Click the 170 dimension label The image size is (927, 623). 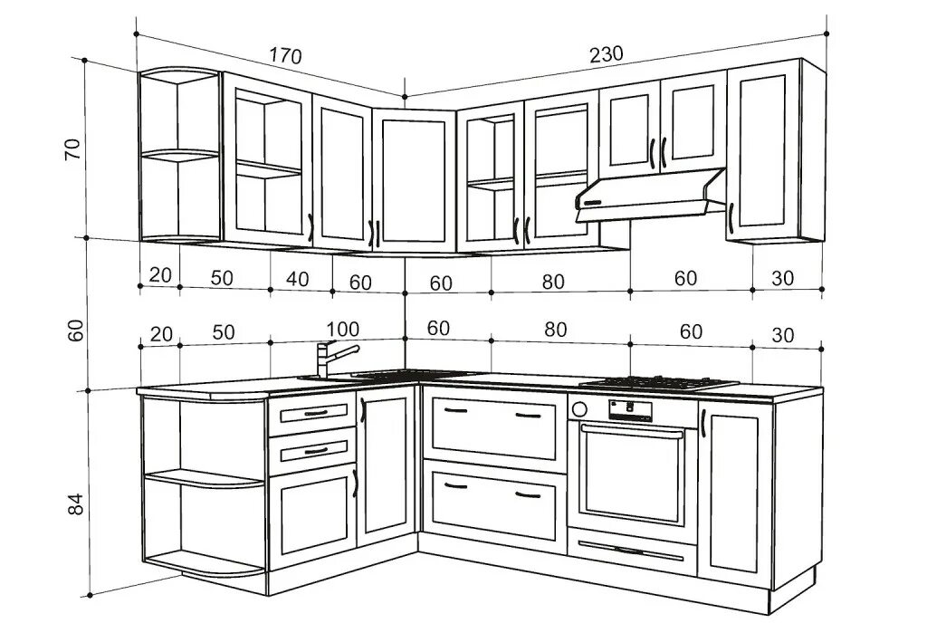285,56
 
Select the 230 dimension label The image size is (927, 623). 606,54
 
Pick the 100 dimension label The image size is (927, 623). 342,329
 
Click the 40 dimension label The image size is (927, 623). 297,280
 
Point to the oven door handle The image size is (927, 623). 632,433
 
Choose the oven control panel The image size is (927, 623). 632,408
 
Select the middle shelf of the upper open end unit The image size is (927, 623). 179,156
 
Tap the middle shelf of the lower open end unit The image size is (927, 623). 204,477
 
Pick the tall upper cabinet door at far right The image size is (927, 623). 762,151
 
